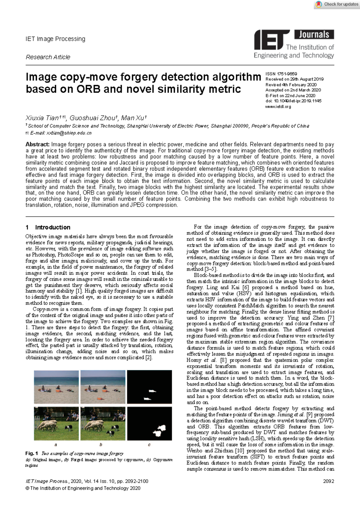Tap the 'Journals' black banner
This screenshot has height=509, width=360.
point(314,35)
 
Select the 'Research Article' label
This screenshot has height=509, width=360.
point(48,57)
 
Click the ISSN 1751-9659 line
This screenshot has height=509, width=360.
point(281,74)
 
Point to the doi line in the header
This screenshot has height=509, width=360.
point(293,101)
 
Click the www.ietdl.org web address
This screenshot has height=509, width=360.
point(278,106)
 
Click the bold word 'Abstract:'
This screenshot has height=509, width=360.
point(37,144)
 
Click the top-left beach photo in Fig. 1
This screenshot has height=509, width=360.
point(56,387)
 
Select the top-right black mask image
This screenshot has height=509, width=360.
point(149,387)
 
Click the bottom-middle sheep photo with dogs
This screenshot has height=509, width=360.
point(103,423)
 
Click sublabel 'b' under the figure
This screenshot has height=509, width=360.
point(101,444)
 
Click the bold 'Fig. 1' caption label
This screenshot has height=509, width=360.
point(31,453)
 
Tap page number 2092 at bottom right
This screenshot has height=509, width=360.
point(328,481)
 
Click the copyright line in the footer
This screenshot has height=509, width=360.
point(83,488)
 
